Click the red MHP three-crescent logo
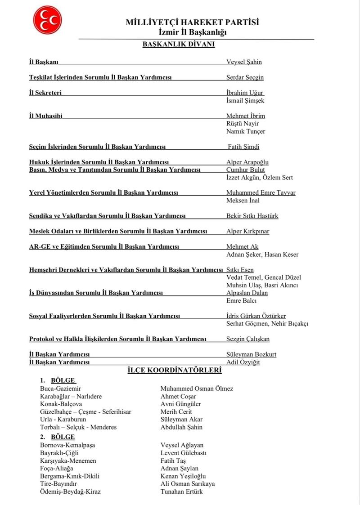click(47, 20)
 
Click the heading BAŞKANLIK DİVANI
click(178, 45)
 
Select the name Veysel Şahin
click(244, 62)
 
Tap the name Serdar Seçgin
click(245, 77)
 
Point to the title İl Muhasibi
click(45, 116)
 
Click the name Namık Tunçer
click(246, 131)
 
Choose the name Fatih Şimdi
click(243, 147)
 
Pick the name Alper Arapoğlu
click(247, 162)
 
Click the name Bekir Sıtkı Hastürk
click(252, 216)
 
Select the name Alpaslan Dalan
click(247, 293)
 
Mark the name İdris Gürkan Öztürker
click(256, 316)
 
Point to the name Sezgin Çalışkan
click(248, 339)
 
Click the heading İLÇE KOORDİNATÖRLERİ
click(175, 371)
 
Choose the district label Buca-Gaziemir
click(61, 389)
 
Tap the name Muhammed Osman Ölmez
click(197, 389)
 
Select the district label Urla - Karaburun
click(63, 420)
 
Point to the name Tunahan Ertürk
click(181, 492)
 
